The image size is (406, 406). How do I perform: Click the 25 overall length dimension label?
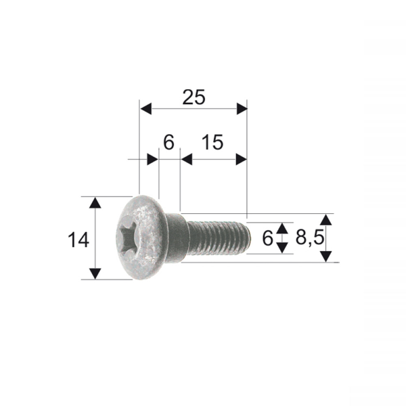coord(194,97)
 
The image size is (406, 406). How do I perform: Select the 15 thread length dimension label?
coord(212,143)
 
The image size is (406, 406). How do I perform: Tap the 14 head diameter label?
coord(78,239)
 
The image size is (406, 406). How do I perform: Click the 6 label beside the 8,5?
coord(267,238)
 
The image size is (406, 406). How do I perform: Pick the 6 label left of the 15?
coord(168,143)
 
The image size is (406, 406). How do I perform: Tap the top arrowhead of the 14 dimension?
coord(95,202)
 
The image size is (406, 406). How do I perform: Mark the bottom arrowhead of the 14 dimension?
coord(95,273)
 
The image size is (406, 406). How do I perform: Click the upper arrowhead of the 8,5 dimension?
coord(326,220)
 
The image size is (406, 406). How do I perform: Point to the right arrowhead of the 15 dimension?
coord(241,159)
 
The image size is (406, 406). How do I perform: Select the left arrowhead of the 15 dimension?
coord(187,159)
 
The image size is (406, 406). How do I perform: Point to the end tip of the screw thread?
coord(248,238)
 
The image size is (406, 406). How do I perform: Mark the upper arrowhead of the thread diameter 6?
coord(283,227)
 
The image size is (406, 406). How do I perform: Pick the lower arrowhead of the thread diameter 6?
coord(283,248)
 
